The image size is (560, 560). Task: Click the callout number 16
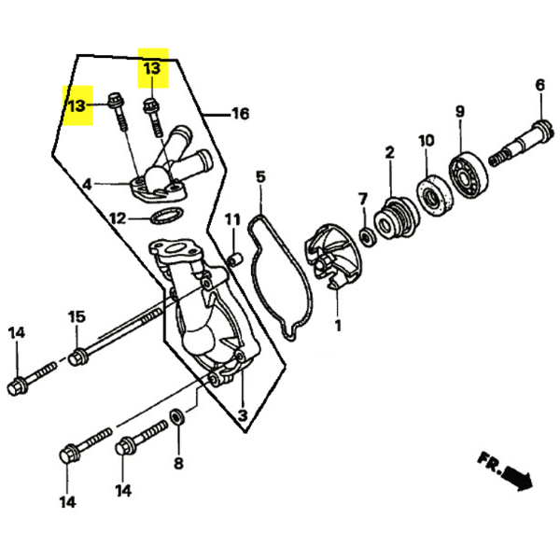[241, 114]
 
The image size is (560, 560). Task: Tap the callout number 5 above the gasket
[260, 176]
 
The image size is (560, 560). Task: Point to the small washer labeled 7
[367, 237]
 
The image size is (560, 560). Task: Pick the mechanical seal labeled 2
[397, 217]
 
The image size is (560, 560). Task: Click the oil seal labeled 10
[435, 195]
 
